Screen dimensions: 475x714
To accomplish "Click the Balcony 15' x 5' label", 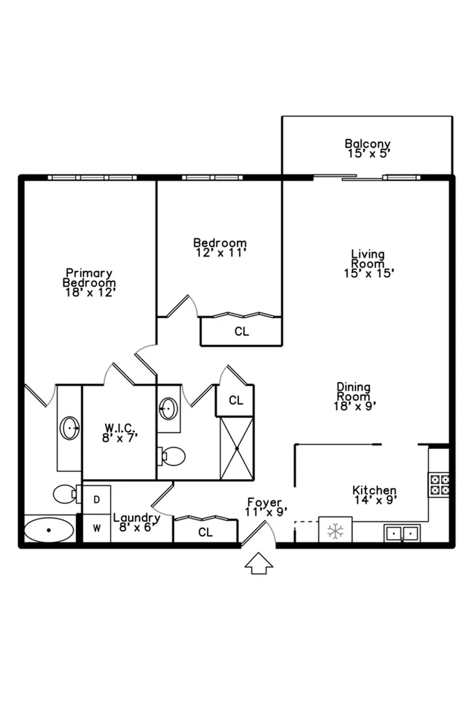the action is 368,149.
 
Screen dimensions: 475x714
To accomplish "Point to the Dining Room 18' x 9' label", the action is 354,396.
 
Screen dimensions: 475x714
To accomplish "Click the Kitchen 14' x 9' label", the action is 375,495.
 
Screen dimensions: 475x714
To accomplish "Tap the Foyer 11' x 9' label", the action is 265,507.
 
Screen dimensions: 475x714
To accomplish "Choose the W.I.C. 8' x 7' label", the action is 120,432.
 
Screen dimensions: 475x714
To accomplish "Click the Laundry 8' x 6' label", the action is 137,522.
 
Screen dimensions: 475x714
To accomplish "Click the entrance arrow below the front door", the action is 259,563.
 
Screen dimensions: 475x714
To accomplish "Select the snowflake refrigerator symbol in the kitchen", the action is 335,531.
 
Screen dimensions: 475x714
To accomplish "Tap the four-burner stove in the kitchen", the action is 439,485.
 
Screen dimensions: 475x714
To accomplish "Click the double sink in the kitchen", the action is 402,533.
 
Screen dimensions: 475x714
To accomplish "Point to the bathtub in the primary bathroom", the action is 49,531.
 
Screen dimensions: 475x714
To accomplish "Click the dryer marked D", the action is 96,500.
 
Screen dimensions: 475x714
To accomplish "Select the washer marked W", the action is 96,529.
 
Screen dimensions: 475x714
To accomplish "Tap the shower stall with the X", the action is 237,448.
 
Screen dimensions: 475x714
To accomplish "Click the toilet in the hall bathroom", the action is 171,456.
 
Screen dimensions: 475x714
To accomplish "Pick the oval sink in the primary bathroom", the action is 70,428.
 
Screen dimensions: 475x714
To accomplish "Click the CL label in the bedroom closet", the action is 242,331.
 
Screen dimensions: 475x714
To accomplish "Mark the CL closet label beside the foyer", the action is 205,532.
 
